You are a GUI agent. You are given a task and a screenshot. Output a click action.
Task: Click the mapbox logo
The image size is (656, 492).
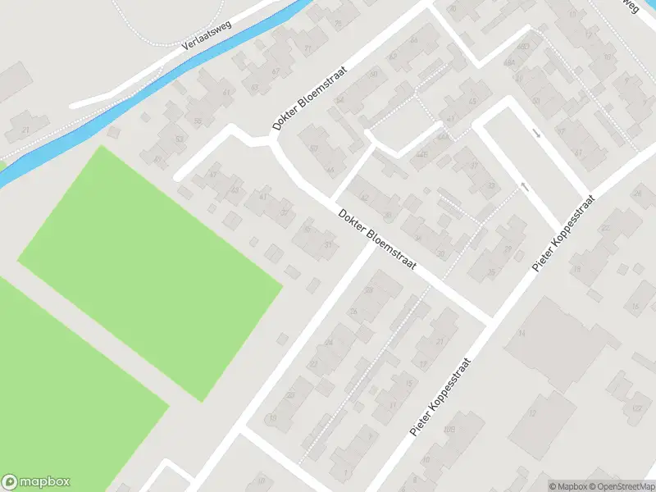pos(36,482)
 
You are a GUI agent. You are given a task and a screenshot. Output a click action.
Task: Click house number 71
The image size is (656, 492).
pos(308,48)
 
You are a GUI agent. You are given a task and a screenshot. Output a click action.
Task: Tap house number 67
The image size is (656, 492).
pos(254,88)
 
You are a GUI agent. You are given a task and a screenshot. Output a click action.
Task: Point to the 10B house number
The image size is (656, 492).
pos(449,428)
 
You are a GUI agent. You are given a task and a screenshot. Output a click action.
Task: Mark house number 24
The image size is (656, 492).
pos(329,343)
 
